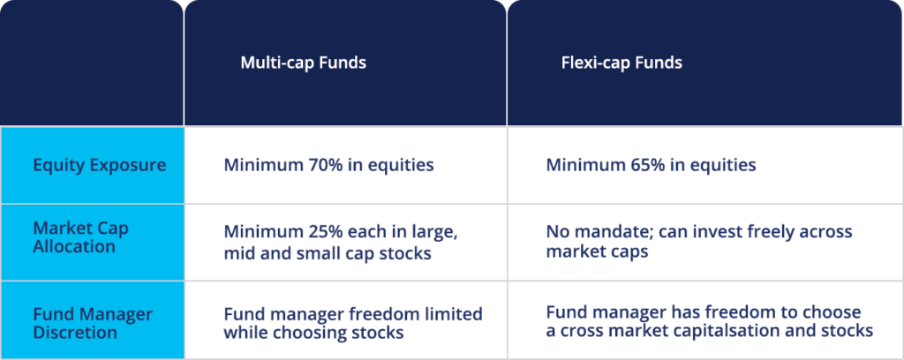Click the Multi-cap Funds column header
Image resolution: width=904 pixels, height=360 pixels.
point(303,63)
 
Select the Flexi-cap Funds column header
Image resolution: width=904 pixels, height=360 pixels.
point(621,63)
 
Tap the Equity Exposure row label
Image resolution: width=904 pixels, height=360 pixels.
point(99,165)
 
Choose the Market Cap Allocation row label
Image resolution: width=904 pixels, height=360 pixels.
point(80,237)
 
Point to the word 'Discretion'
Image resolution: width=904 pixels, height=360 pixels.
point(74,332)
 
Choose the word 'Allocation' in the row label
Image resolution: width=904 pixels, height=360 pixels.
point(74,246)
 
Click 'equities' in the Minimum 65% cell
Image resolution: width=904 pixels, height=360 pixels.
point(725,165)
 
